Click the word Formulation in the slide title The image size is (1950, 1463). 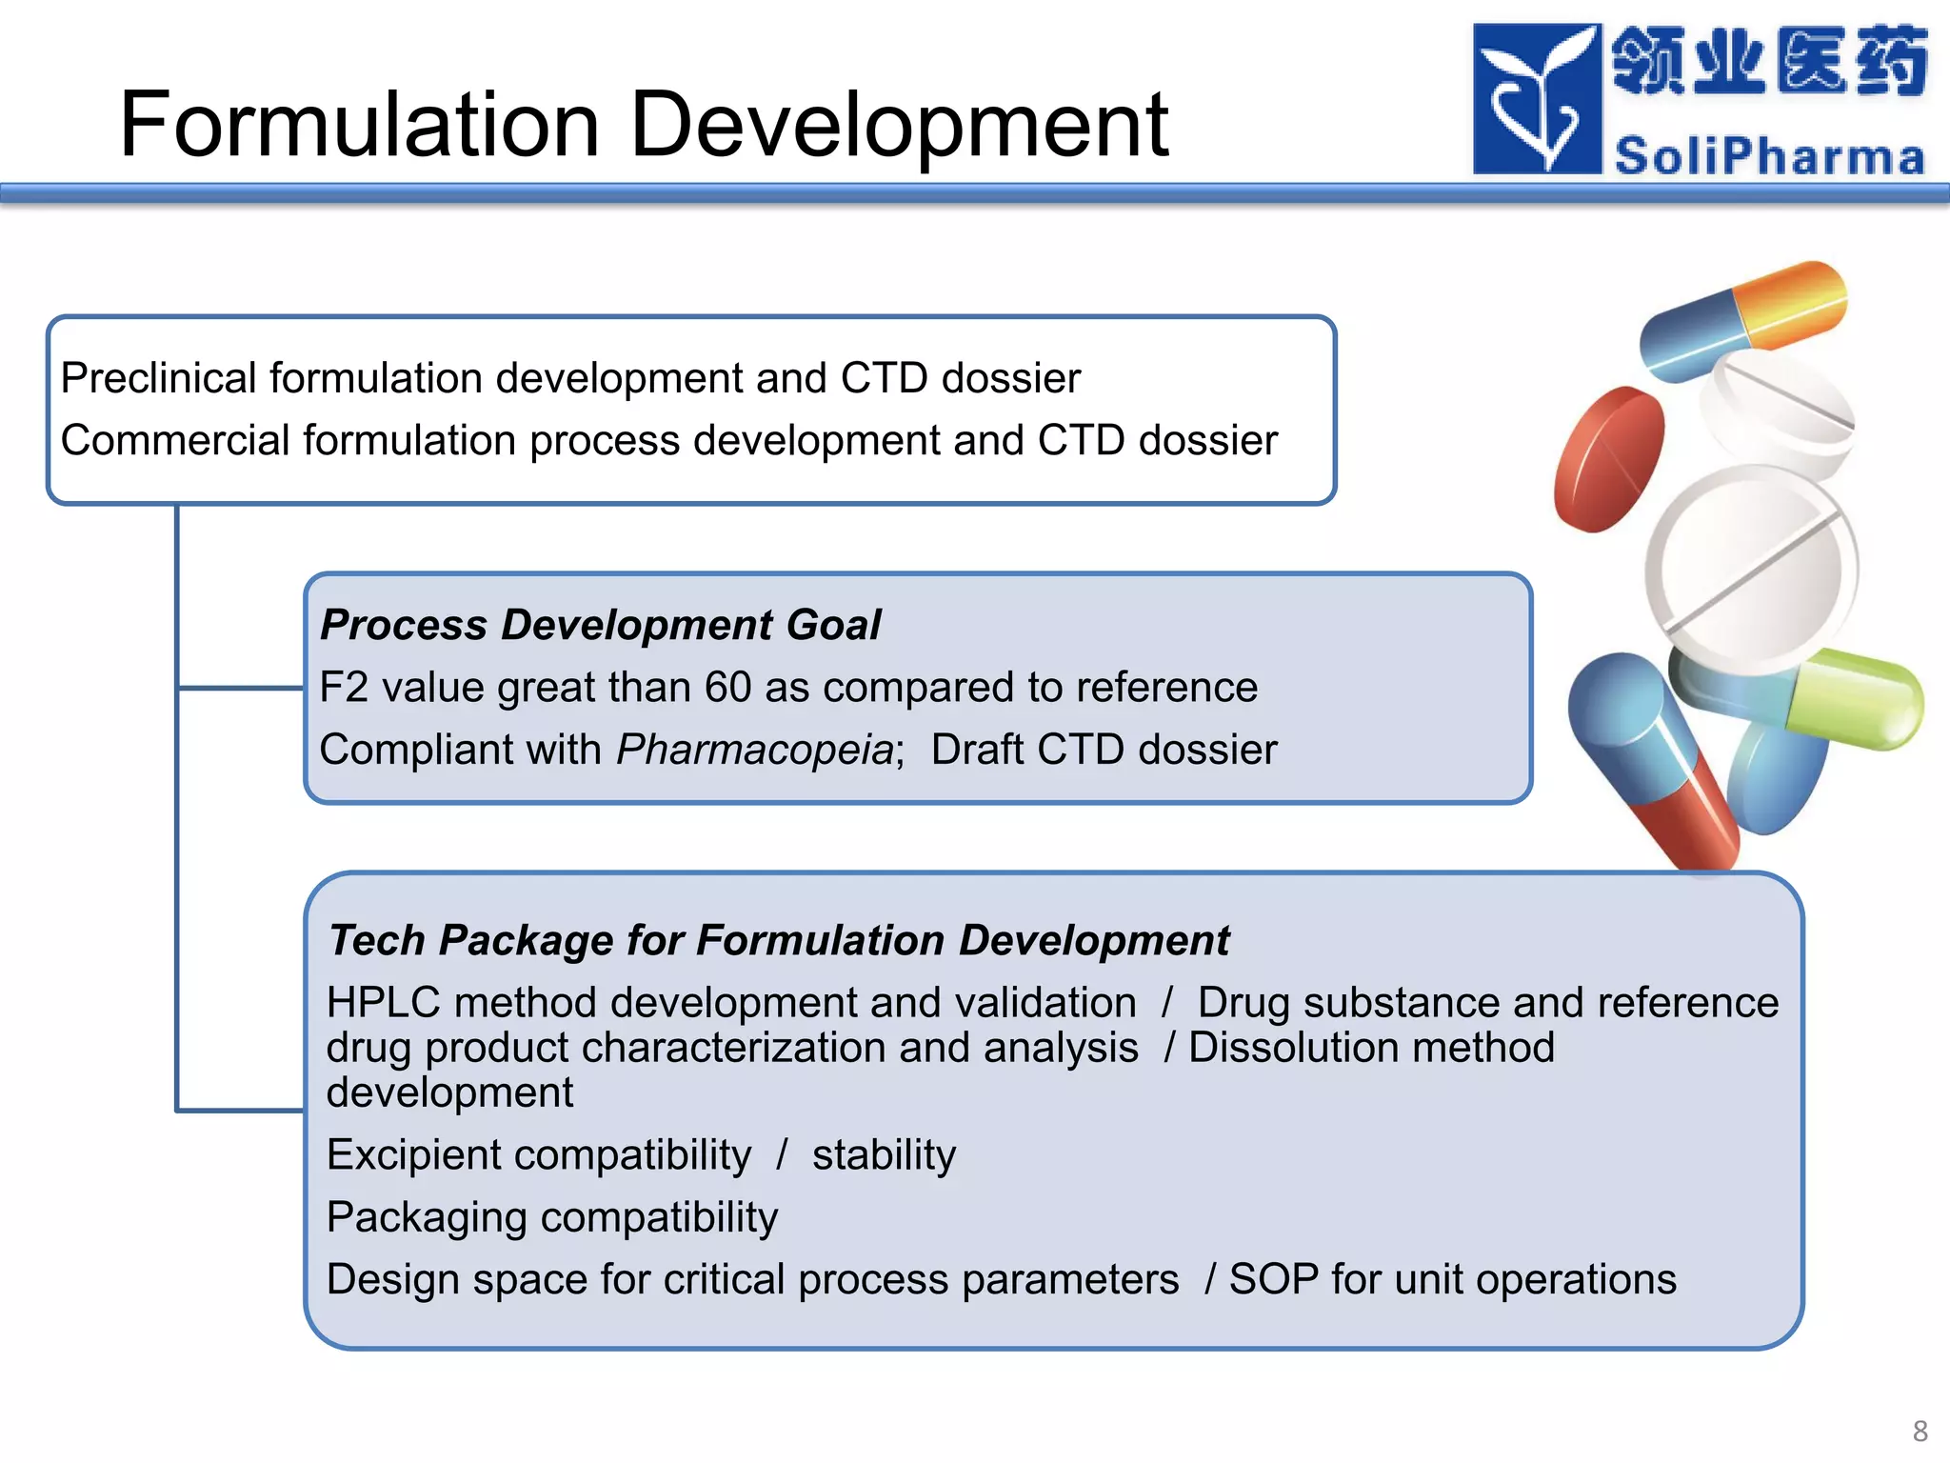point(360,125)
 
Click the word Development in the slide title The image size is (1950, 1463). point(899,125)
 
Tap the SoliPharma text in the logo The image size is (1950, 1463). point(1769,156)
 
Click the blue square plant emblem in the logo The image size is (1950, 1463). point(1536,99)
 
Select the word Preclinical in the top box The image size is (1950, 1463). point(158,378)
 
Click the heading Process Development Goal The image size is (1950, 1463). point(600,625)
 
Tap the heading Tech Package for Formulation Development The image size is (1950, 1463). point(778,940)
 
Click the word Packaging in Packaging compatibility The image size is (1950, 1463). point(426,1218)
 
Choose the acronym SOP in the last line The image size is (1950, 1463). point(1274,1279)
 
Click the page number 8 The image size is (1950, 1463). point(1920,1431)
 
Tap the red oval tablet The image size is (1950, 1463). point(1608,459)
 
